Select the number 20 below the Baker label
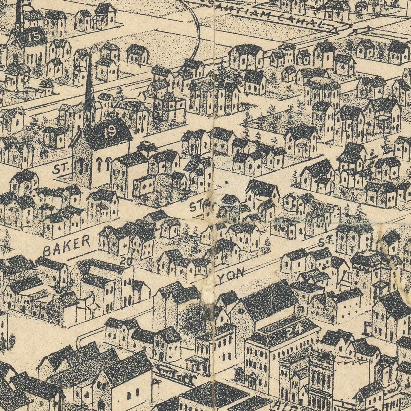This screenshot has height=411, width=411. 126,262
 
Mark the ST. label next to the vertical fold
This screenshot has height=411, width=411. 198,206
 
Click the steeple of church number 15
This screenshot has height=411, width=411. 19,14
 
